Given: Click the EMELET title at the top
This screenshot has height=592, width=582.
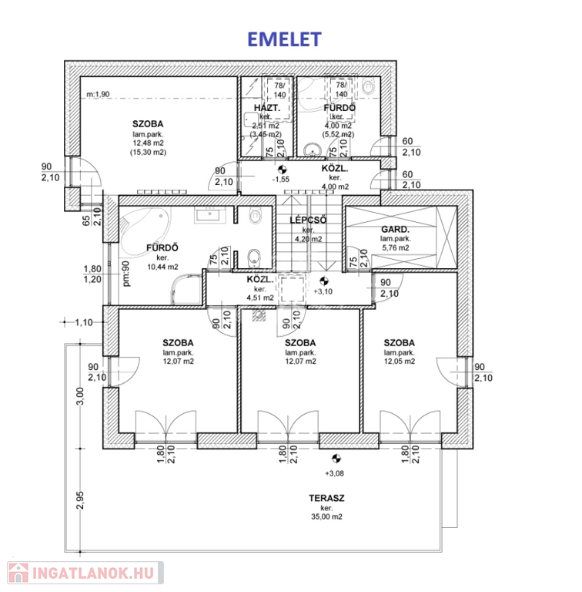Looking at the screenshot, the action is (284, 39).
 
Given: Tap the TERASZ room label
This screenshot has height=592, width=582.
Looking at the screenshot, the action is (326, 498).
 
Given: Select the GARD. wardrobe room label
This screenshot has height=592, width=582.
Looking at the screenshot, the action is (395, 229).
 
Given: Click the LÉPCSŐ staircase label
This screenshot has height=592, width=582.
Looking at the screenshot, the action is (308, 220).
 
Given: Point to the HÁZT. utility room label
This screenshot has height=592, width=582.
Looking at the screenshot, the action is (267, 108).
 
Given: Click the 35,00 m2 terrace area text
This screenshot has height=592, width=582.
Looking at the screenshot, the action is (326, 516).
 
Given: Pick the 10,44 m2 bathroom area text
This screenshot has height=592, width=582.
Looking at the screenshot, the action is (162, 267).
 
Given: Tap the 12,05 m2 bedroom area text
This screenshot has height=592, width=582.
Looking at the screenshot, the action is (400, 362).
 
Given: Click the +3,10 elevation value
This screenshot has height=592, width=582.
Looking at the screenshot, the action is (323, 291).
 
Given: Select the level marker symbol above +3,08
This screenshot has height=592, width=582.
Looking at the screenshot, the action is (336, 459).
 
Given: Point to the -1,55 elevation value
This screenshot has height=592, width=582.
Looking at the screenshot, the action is (281, 180).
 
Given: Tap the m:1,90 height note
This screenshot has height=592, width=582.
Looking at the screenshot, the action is (98, 94).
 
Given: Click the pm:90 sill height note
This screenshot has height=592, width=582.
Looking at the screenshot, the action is (126, 274).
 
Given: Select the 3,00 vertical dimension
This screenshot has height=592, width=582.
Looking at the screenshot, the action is (80, 396).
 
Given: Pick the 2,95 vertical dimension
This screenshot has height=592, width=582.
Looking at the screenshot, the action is (80, 500).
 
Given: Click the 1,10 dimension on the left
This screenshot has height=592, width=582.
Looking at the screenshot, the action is (83, 322).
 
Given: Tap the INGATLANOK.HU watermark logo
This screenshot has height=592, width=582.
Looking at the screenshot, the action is (85, 573).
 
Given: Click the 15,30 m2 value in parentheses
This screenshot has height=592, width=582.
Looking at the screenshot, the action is (148, 153).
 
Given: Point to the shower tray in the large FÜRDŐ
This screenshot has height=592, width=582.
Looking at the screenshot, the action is (187, 290).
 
